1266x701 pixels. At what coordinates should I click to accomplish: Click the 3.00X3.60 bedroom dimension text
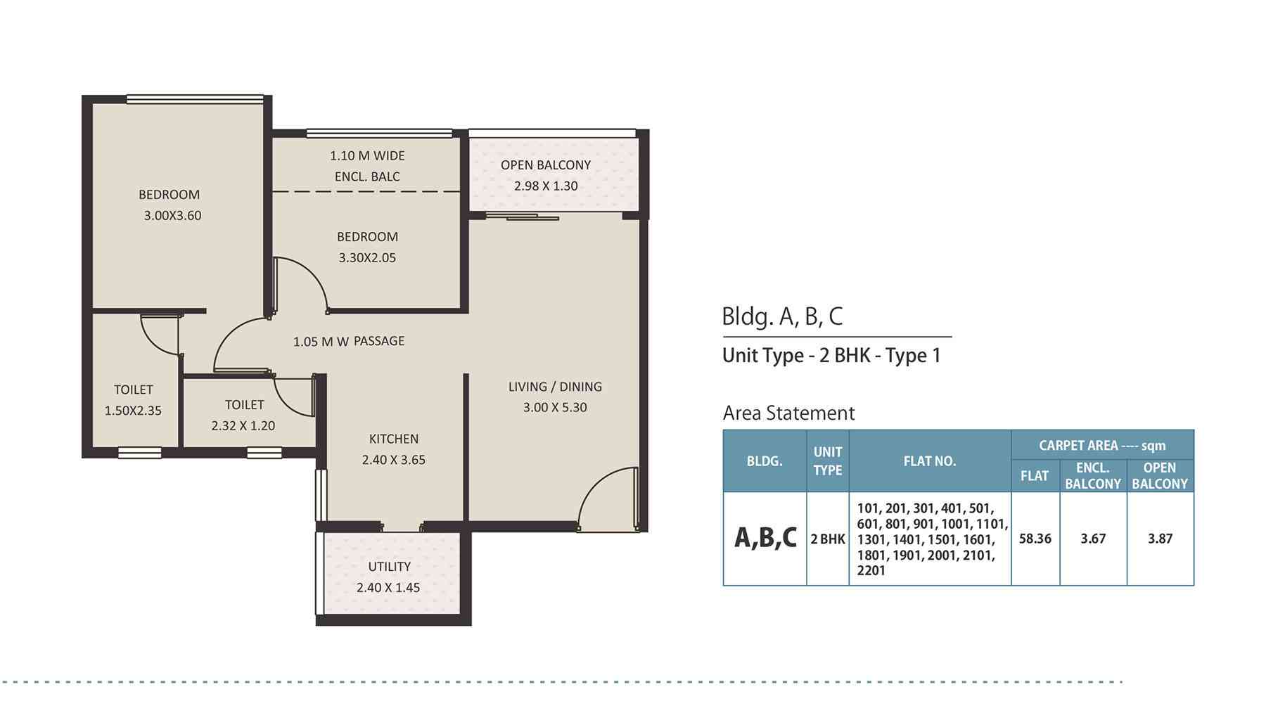point(172,216)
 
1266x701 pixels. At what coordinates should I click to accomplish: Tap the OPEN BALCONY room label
point(546,165)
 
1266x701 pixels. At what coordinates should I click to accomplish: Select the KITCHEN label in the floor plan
point(394,439)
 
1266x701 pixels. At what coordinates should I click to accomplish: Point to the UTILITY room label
point(390,567)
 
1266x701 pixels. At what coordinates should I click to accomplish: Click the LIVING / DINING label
point(555,387)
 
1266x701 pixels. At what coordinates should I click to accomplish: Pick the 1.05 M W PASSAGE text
point(349,342)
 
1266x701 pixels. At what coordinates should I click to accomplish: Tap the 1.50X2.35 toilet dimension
point(133,411)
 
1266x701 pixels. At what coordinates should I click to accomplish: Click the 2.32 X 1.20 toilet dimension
point(243,425)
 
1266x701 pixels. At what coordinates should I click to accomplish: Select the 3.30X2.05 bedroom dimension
point(367,258)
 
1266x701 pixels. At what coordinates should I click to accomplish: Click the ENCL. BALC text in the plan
point(367,176)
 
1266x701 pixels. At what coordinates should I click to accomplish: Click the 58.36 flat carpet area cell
point(1035,539)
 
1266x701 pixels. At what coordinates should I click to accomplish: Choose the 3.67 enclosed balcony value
point(1093,539)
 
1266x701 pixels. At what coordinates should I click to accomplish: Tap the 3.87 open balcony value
point(1160,539)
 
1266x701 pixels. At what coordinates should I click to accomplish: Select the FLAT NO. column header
point(930,461)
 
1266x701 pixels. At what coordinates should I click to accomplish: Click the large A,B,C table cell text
point(765,538)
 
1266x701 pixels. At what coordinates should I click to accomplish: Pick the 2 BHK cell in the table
point(828,539)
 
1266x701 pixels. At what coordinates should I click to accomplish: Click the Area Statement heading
point(789,413)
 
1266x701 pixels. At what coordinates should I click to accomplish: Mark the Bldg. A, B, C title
point(782,316)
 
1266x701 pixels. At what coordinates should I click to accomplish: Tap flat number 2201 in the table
point(871,571)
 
